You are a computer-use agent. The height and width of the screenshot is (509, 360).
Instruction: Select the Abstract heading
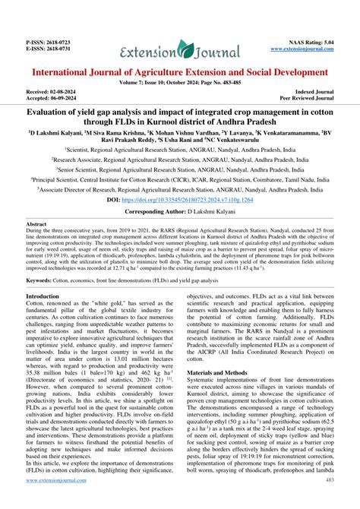pyautogui.click(x=37, y=226)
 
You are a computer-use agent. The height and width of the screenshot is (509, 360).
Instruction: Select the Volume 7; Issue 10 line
pyautogui.click(x=180, y=83)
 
